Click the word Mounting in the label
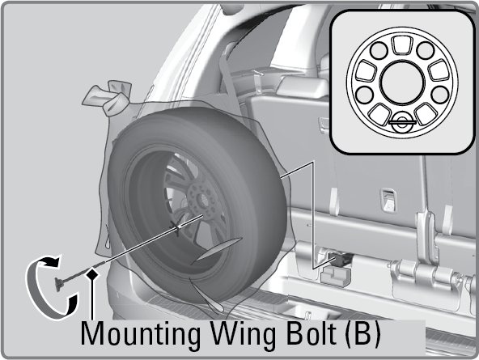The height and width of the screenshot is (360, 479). pyautogui.click(x=141, y=336)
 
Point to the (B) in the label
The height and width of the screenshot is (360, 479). pyautogui.click(x=363, y=334)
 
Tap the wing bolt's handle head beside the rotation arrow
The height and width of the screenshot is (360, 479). pyautogui.click(x=58, y=284)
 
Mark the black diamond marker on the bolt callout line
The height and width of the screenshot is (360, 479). pyautogui.click(x=91, y=275)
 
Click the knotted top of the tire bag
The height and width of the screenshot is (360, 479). pyautogui.click(x=108, y=97)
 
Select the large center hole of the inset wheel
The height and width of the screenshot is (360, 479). pyautogui.click(x=402, y=83)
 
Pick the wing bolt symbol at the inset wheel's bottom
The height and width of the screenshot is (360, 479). pyautogui.click(x=402, y=122)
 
